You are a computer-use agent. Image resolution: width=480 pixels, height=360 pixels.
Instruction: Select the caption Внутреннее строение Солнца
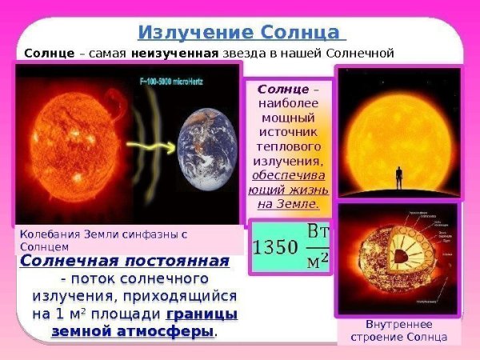tap(398, 330)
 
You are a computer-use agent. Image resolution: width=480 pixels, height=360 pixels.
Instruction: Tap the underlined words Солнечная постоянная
tap(125, 262)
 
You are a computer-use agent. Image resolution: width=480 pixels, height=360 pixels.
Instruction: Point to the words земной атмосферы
tap(133, 331)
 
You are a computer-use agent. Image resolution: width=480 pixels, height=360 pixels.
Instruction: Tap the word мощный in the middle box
tap(287, 117)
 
